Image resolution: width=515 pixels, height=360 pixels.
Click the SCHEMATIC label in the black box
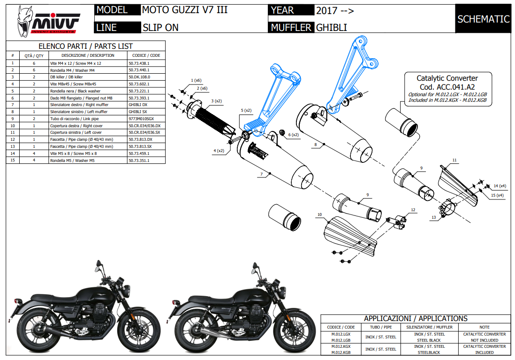pos(483,19)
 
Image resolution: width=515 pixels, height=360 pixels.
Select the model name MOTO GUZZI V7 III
pos(185,10)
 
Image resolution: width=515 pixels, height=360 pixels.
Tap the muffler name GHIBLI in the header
pos(331,28)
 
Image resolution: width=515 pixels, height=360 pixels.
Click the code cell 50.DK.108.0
pos(139,77)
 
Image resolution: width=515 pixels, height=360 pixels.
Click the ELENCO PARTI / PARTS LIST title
pos(85,46)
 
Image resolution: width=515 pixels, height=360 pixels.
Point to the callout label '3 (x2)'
pos(216,101)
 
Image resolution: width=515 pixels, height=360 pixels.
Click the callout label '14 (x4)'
pos(499,186)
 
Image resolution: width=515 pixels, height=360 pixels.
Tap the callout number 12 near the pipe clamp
pos(413,210)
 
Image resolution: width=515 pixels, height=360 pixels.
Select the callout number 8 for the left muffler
pos(316,145)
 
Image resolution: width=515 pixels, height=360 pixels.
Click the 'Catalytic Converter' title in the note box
pos(447,78)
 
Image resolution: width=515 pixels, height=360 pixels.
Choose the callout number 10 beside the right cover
pos(319,214)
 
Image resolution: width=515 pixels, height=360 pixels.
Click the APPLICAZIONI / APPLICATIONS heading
pos(416,318)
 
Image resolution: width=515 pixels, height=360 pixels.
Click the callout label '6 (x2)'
pos(293,135)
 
